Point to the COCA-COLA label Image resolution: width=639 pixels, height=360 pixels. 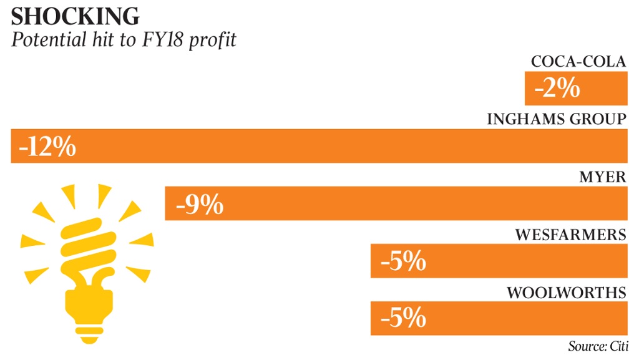point(578,62)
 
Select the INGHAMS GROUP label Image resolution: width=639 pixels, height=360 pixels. point(556,119)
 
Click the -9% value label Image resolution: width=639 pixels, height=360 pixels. point(200,205)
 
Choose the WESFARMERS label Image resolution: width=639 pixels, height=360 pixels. point(570,235)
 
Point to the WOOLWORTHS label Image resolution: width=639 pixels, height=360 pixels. point(566,293)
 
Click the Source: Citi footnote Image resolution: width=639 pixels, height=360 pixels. point(598,346)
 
